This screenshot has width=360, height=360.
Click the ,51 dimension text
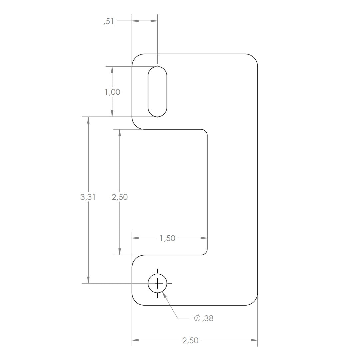tap(109, 21)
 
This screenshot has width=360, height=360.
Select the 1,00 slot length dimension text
tap(113, 92)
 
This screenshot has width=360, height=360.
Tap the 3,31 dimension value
tap(88, 197)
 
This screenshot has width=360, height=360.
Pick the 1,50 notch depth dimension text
tap(168, 238)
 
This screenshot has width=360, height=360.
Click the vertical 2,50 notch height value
tap(120, 197)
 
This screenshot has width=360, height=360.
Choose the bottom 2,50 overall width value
tap(190, 340)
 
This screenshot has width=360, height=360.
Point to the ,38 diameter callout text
tap(208, 318)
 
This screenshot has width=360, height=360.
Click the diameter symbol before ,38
tap(197, 318)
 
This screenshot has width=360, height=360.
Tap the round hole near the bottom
tap(157, 274)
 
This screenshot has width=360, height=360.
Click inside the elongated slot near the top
tap(157, 92)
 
